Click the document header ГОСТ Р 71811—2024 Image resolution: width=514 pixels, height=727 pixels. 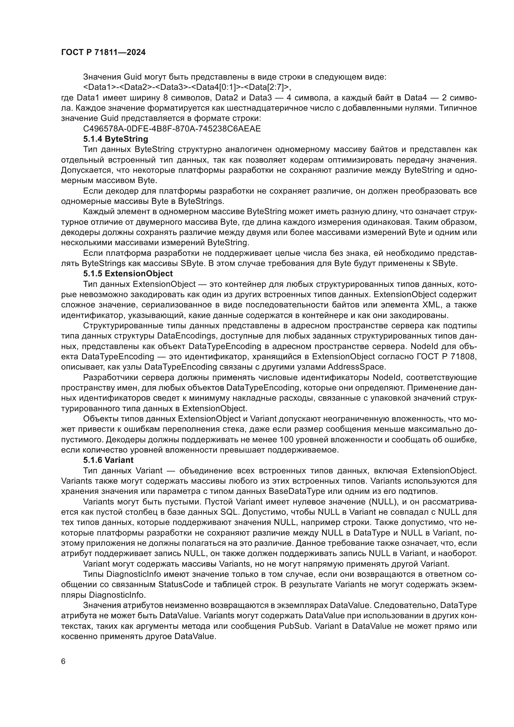point(103,53)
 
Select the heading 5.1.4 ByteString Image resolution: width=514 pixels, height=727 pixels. point(116,139)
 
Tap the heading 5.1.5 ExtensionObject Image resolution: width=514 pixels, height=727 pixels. point(128,274)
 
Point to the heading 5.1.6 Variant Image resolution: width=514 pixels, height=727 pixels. point(108,460)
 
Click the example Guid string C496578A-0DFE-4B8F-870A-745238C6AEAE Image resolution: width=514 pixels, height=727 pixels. point(172,129)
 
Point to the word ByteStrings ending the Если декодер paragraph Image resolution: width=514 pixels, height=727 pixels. point(200,201)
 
